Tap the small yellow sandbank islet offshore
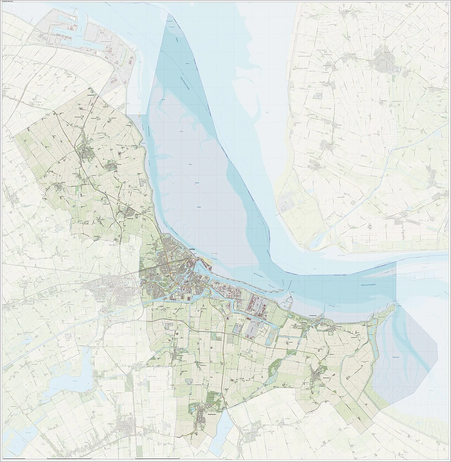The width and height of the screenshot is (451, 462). click(140, 114)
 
